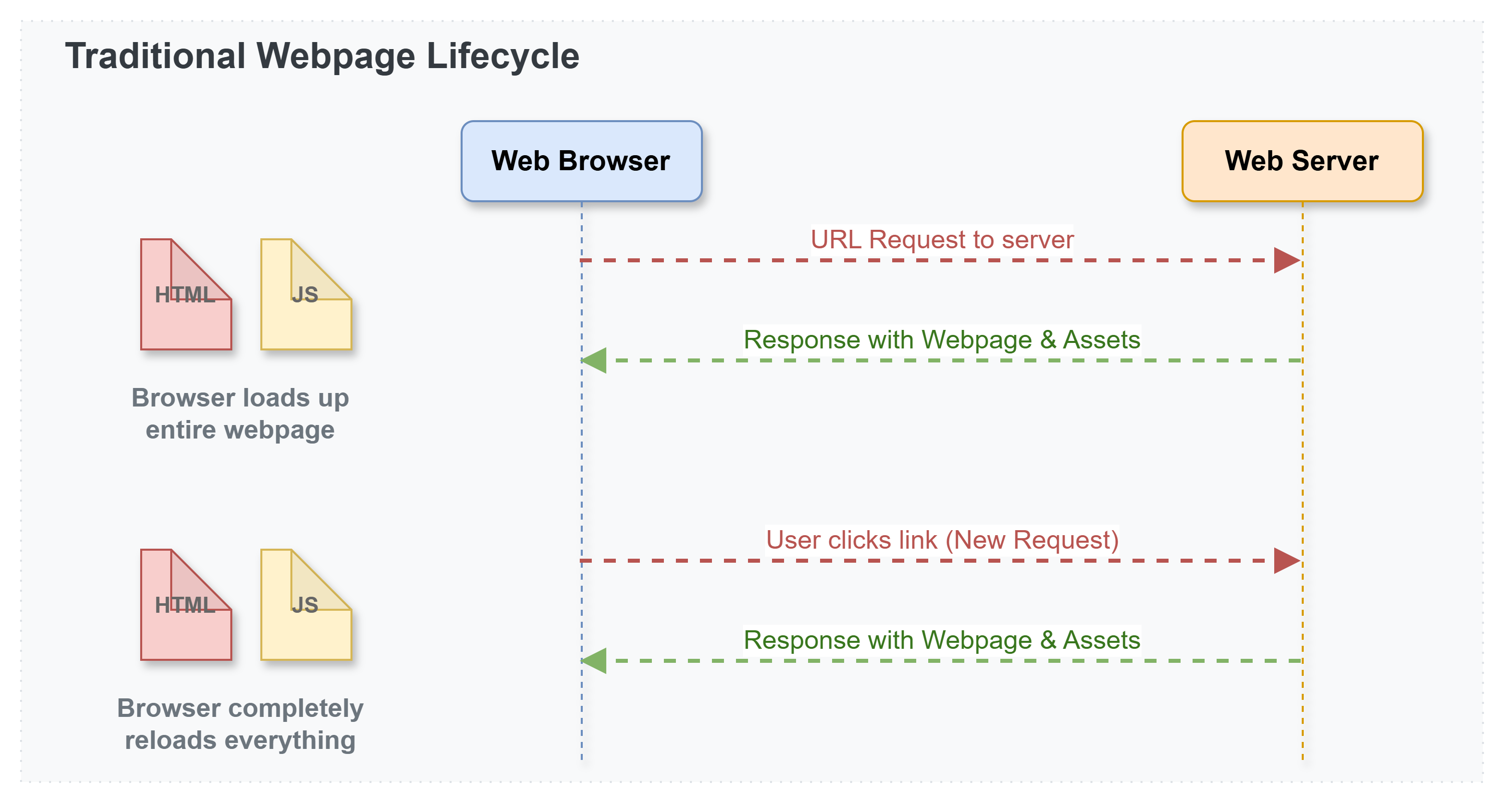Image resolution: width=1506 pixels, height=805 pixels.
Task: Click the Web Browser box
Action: (581, 161)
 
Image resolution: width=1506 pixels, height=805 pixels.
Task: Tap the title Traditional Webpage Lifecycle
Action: (322, 57)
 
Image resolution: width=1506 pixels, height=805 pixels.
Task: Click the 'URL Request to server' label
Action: (942, 240)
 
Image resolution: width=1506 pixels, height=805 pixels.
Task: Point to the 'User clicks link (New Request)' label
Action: (942, 540)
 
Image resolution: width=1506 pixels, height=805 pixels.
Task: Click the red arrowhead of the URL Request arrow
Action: (1287, 260)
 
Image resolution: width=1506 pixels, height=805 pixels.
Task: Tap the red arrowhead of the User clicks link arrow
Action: (1287, 561)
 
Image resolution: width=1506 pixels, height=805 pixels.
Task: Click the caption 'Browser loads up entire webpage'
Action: (240, 414)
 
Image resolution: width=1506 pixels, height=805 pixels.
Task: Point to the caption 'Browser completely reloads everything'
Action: (240, 724)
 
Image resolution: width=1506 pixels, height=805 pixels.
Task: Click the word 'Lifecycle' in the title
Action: (503, 57)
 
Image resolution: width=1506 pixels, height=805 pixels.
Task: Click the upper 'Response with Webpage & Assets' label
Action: (942, 339)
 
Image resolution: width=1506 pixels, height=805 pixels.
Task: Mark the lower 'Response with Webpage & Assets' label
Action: (942, 640)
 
